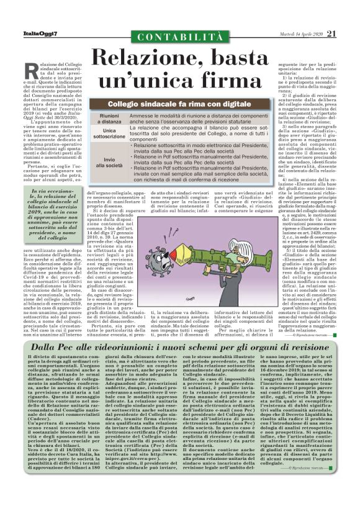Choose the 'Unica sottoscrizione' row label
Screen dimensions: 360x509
(109, 136)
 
